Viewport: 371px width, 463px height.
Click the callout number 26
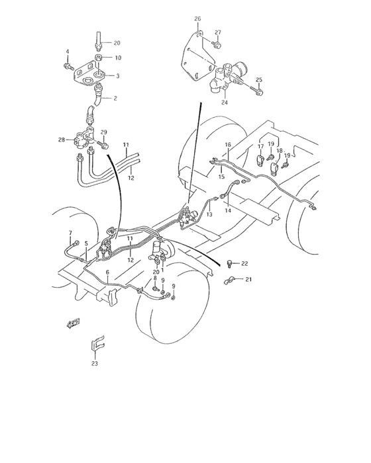pos(197,19)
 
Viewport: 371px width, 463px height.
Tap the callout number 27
pos(217,32)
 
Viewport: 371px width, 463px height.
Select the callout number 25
pos(260,80)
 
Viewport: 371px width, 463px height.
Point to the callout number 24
pos(225,103)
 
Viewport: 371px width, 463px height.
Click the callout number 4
pos(67,52)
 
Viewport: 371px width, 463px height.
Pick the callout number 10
pos(118,58)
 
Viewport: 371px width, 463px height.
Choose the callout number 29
pos(103,133)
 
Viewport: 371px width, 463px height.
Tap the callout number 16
pos(227,144)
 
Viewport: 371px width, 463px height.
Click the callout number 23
pos(95,363)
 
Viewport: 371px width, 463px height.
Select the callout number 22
pos(244,264)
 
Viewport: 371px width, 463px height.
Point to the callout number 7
pos(70,232)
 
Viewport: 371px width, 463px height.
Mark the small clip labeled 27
pos(217,44)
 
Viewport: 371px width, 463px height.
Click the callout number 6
pos(108,273)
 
